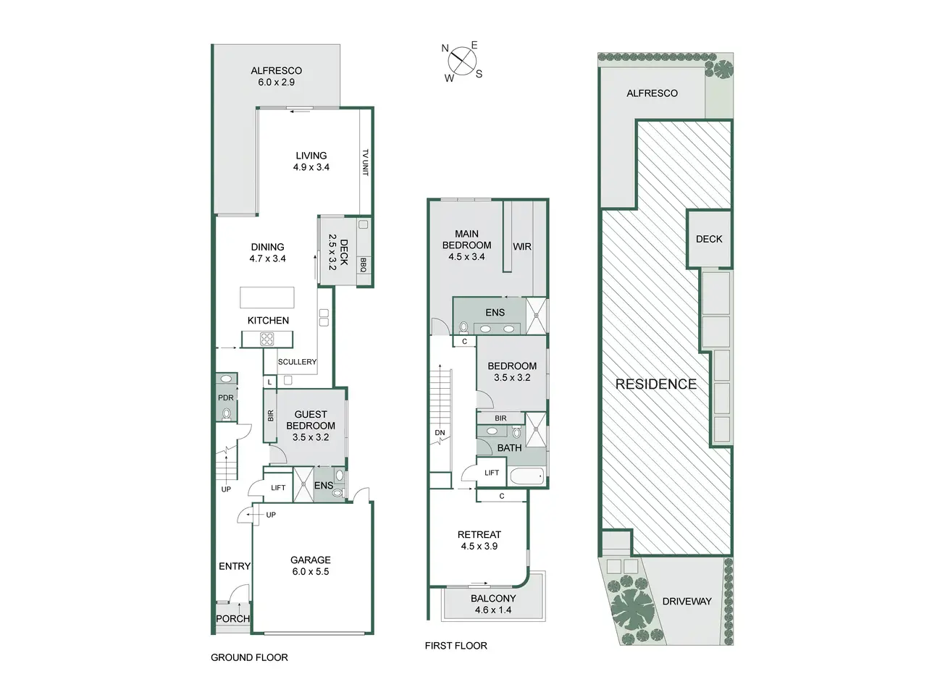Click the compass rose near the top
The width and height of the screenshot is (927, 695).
(x=462, y=62)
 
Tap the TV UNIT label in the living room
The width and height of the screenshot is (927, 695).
(x=366, y=162)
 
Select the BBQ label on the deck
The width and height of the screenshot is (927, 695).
(x=364, y=265)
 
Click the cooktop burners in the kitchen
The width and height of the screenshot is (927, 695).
(x=267, y=339)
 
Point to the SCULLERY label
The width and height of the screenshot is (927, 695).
(x=297, y=362)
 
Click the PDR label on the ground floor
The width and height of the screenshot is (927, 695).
(x=225, y=397)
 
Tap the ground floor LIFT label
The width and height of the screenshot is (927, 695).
(x=278, y=488)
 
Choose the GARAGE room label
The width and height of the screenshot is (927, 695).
(x=311, y=560)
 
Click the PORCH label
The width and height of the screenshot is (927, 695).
(x=232, y=618)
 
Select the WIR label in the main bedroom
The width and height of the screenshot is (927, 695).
(x=522, y=246)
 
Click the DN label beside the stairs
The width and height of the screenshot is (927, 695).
(x=440, y=432)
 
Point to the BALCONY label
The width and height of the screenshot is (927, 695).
(x=493, y=599)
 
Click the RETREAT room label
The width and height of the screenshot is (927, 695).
(x=479, y=535)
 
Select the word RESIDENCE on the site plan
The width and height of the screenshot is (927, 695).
(x=656, y=384)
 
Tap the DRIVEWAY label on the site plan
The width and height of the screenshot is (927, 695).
(x=687, y=602)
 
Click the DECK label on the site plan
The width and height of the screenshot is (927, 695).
(x=709, y=239)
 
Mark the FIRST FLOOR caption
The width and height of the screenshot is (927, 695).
(x=456, y=646)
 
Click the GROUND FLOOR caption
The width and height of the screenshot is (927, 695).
(x=249, y=657)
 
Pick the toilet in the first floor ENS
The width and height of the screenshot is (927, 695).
(x=464, y=327)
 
